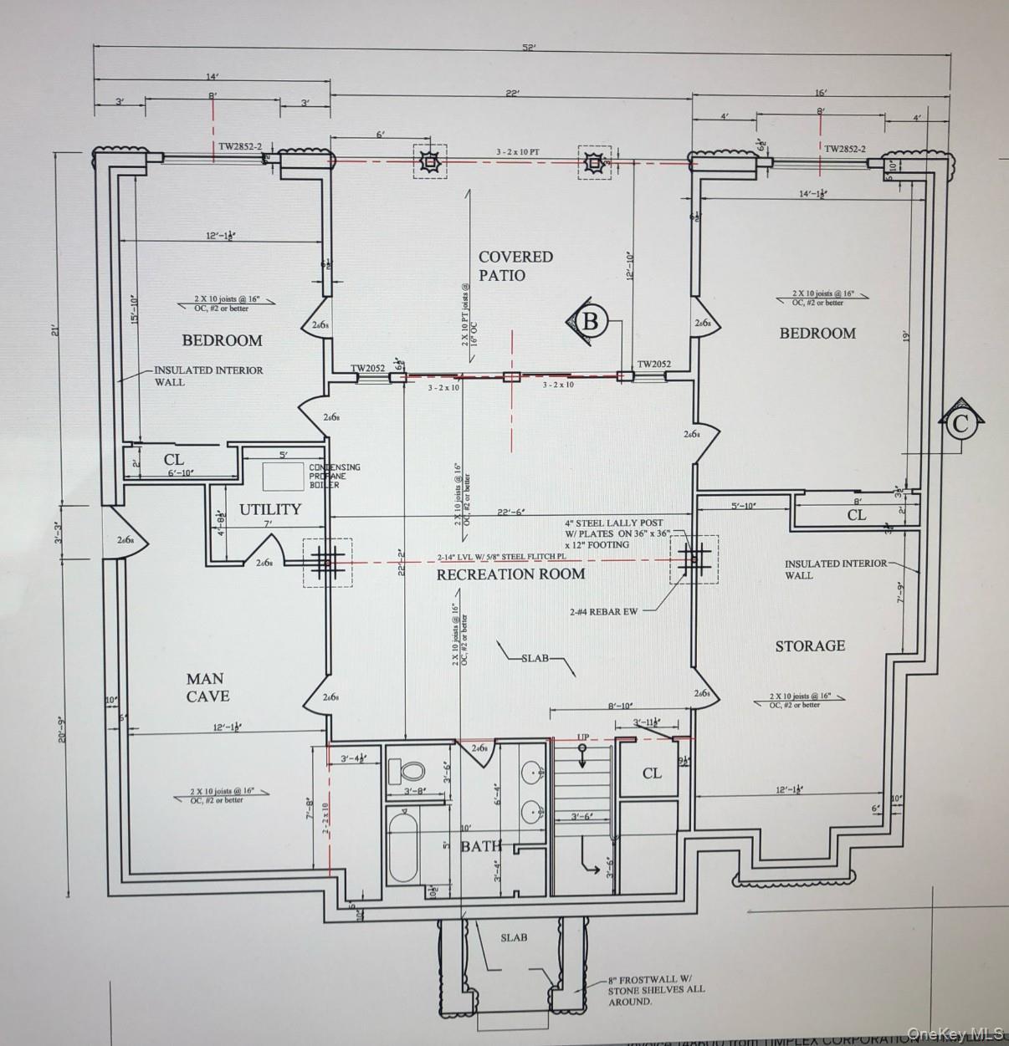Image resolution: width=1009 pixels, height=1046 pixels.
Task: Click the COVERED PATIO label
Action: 515,265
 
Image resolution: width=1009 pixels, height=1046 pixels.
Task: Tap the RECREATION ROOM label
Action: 510,574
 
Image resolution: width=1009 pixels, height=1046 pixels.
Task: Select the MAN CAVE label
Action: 207,686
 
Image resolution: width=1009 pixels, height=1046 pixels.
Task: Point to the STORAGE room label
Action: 809,645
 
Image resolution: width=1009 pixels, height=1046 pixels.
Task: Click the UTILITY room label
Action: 269,509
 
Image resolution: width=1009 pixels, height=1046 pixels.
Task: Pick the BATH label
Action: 481,846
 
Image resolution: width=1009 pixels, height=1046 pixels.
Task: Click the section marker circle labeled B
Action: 591,321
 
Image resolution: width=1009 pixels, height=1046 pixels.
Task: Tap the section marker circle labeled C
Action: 960,423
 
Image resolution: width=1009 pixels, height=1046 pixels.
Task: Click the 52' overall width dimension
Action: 529,48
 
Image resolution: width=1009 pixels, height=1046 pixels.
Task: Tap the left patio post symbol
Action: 429,161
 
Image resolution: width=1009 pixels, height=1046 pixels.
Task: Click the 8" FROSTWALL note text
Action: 656,989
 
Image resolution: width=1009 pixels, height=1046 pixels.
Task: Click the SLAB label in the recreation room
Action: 535,658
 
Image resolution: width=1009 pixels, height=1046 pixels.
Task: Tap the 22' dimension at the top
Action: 511,93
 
